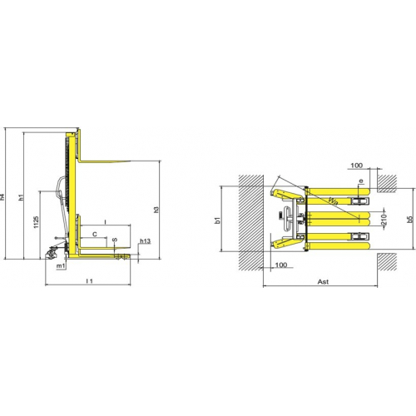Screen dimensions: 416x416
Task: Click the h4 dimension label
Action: coord(2,196)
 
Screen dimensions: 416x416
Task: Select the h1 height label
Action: coord(22,197)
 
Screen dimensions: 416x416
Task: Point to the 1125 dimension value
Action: coord(37,222)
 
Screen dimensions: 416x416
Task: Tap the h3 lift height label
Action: coord(156,210)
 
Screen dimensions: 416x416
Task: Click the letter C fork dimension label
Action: coord(95,235)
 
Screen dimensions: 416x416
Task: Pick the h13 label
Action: coord(146,241)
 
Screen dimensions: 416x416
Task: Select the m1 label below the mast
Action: coord(61,266)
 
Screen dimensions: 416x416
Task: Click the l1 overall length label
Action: coord(89,281)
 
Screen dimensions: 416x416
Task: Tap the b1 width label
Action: coord(218,220)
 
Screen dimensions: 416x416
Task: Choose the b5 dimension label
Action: coord(410,219)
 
